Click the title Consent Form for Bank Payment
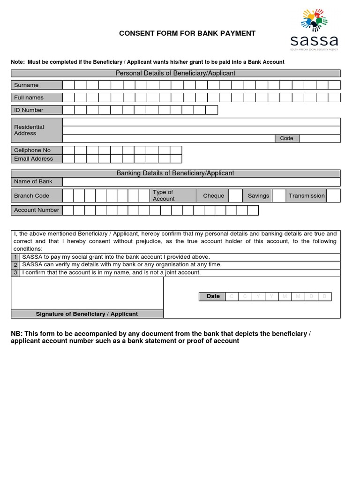coord(187,33)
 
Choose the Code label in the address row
coord(286,138)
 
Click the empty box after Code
coord(319,138)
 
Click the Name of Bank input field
coord(201,182)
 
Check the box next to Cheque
coord(236,195)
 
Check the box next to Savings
coord(279,195)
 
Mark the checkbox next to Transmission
coord(333,195)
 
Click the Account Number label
coord(37,210)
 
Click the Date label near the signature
coord(213,296)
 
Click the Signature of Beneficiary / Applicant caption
coord(87,314)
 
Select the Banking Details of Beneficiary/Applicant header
coord(175,173)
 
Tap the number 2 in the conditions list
coord(15,265)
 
